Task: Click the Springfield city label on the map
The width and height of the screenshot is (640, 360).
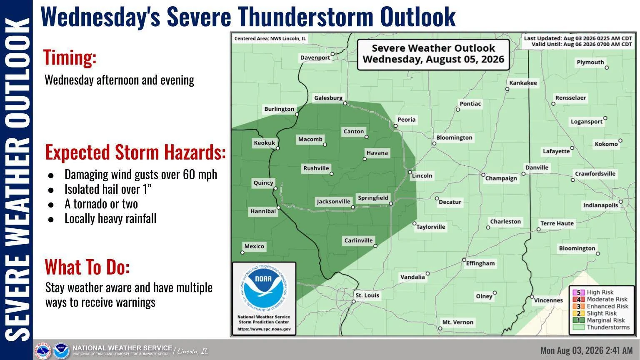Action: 373,198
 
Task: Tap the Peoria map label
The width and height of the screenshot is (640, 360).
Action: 406,120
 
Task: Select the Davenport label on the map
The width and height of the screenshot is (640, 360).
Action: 315,57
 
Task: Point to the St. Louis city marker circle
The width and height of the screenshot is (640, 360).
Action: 353,301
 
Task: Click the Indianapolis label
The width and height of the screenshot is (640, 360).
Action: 600,205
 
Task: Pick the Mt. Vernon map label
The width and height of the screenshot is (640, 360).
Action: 458,322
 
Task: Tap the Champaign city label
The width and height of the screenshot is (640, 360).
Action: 501,178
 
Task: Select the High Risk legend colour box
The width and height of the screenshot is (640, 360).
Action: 579,292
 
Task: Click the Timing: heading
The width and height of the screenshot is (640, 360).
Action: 70,57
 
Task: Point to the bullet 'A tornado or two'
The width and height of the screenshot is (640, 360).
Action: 101,204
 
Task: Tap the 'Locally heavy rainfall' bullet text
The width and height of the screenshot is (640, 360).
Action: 110,219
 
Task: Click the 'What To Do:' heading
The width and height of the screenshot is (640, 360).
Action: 87,267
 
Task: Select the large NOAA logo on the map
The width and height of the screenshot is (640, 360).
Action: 263,288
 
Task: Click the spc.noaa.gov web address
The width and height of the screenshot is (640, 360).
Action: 264,329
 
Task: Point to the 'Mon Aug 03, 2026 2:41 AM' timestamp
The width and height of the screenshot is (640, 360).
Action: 587,350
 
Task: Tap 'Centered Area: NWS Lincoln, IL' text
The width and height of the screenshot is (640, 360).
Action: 270,39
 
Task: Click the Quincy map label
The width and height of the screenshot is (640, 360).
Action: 263,182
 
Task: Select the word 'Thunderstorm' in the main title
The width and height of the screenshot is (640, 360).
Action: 305,17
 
